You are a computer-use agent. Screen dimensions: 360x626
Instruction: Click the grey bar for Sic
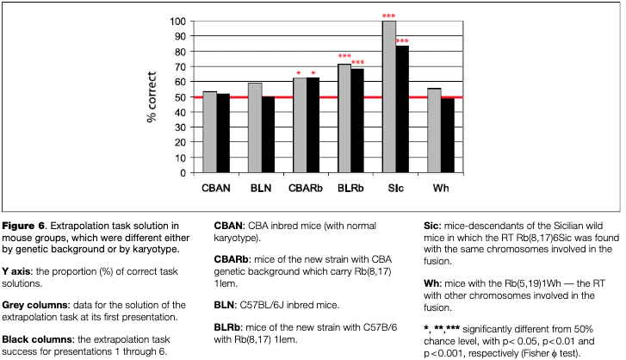(x=389, y=96)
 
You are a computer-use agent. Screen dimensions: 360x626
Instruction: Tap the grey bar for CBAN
(x=209, y=132)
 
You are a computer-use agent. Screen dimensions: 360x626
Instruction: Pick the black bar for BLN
(x=268, y=134)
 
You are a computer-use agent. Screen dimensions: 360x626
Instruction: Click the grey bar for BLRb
(x=344, y=118)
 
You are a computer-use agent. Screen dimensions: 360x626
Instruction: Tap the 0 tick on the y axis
(x=182, y=172)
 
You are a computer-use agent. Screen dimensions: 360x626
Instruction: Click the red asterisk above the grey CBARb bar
(x=298, y=73)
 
